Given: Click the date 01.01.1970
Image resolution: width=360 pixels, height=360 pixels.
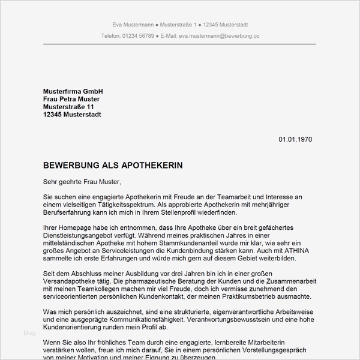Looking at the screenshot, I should pos(295,139).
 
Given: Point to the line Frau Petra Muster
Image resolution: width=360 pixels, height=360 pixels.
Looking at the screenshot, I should pos(71,98).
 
